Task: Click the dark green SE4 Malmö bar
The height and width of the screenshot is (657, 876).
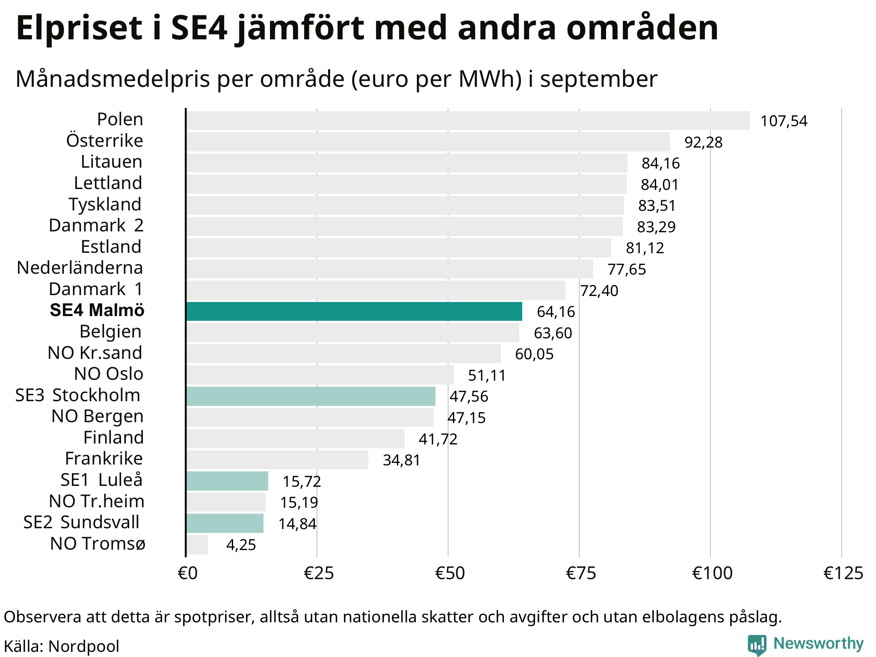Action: tap(354, 311)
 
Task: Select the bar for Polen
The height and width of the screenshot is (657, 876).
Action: tap(468, 121)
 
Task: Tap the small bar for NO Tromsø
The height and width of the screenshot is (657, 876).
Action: tap(197, 545)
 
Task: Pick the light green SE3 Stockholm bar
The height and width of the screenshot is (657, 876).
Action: tap(311, 396)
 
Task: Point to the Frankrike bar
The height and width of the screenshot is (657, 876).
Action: tap(277, 460)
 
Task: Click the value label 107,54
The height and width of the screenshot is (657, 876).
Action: tap(784, 121)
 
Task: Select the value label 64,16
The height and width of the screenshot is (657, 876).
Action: tap(556, 312)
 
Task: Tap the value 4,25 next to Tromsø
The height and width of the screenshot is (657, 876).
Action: tap(241, 545)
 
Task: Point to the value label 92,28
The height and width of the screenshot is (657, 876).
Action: tap(703, 142)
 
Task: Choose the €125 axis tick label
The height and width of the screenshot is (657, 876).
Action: tap(843, 573)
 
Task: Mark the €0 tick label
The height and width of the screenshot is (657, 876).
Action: tap(187, 573)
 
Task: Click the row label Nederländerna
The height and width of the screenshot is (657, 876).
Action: tap(80, 268)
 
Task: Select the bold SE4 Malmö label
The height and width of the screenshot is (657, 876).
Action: tap(97, 311)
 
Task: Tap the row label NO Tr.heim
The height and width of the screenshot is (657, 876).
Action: tap(97, 501)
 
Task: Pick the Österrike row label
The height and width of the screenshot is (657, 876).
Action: tap(105, 141)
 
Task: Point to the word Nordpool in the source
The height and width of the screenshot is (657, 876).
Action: tap(84, 646)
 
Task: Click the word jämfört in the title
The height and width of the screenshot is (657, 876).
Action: tap(300, 28)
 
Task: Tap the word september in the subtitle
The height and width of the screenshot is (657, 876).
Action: tap(598, 79)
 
